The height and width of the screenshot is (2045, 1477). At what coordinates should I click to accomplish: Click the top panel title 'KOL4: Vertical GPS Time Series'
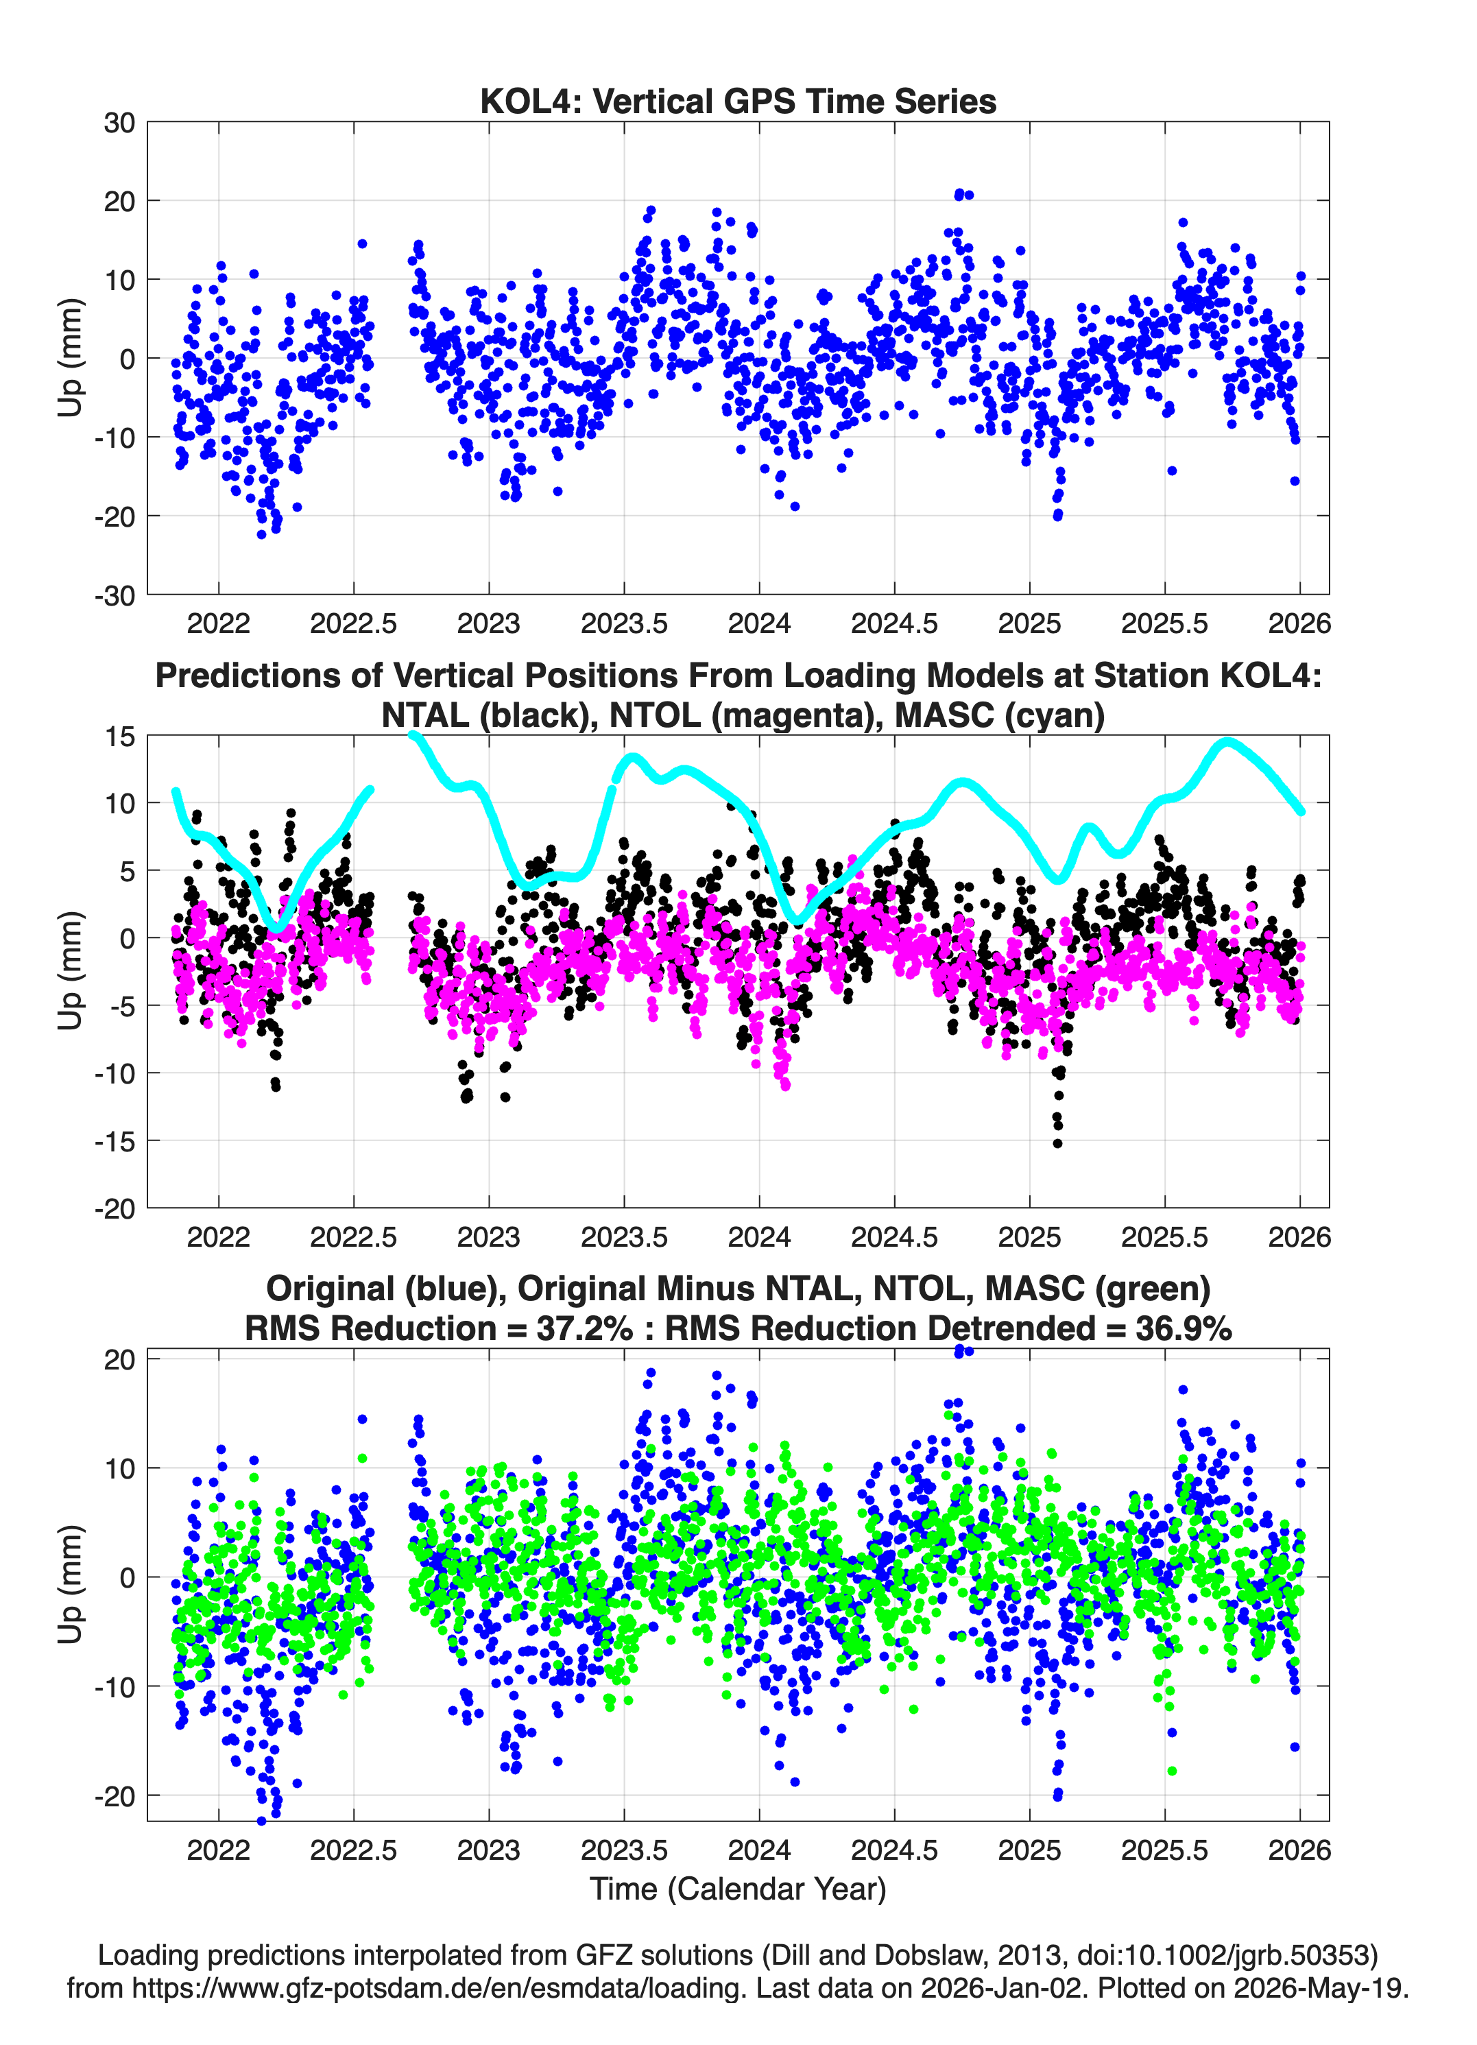tap(738, 101)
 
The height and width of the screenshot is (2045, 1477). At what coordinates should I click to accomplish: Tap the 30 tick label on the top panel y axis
tap(119, 123)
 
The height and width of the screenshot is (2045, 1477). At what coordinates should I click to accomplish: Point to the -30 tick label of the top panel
tap(115, 596)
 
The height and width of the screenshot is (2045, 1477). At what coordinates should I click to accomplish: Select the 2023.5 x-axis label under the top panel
tap(624, 623)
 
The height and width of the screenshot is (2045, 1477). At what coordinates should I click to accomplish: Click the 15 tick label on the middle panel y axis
tap(120, 737)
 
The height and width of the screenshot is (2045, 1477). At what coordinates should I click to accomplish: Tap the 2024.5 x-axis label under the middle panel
tap(894, 1236)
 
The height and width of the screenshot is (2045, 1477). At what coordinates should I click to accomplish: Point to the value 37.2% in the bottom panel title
tap(584, 1328)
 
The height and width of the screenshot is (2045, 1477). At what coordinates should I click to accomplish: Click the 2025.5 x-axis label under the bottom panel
tap(1164, 1850)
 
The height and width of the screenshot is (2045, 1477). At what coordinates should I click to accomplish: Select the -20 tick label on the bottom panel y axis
tap(115, 1796)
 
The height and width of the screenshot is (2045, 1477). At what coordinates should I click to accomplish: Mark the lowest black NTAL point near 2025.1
tap(1058, 1143)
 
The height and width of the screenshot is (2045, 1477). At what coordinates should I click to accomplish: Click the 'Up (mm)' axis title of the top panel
tap(71, 358)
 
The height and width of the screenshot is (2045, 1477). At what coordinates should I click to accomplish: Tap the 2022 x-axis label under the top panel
tap(218, 623)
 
